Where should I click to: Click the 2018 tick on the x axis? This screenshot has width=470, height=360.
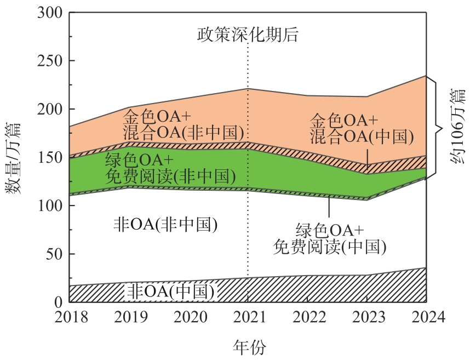click(70, 317)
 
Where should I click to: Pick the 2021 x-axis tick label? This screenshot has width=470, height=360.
click(248, 317)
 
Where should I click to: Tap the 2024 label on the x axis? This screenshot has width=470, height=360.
click(427, 317)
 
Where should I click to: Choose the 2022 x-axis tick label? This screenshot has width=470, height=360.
click(307, 317)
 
